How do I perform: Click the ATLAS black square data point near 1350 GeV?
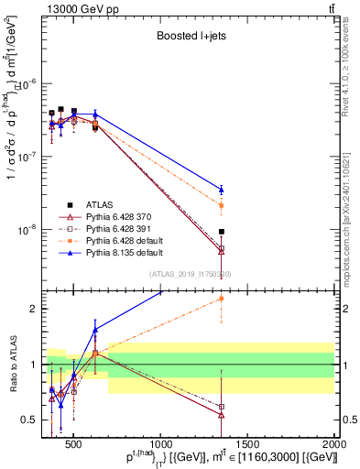click(222, 232)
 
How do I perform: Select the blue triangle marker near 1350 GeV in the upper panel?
click(222, 190)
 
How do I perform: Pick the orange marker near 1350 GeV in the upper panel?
click(222, 205)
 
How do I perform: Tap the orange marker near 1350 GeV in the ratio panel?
click(222, 298)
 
